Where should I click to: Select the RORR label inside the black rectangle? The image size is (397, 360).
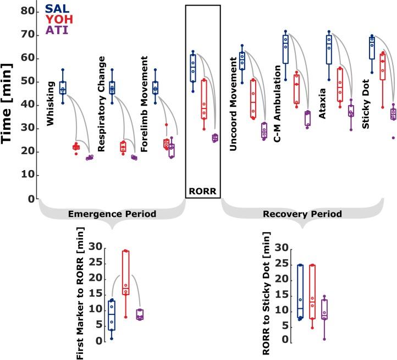click(x=203, y=192)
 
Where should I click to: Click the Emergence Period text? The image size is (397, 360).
click(x=112, y=214)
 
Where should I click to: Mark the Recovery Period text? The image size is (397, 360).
click(x=302, y=214)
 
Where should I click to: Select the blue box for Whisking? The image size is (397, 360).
click(x=63, y=87)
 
